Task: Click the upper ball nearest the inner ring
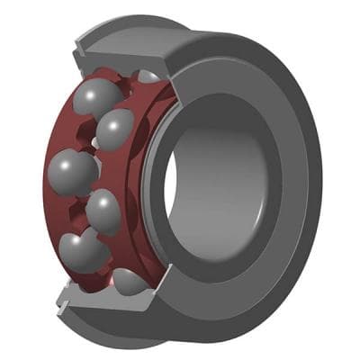(115, 130)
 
